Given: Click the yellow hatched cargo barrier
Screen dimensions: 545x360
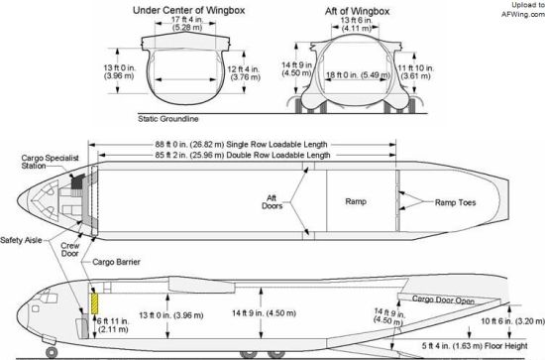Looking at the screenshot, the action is point(94,303).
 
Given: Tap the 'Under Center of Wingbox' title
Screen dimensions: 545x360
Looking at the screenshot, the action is point(188,10).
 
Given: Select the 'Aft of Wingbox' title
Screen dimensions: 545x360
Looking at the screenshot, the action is point(357,11).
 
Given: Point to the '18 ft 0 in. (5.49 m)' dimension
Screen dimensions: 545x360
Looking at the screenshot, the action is point(358,74).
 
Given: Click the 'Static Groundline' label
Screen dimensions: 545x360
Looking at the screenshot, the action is point(168,119).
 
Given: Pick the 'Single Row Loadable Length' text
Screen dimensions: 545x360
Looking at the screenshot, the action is point(276,144).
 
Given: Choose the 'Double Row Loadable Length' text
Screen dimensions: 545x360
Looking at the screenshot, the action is point(278,155).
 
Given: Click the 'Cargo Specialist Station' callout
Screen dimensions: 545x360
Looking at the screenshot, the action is point(51,162).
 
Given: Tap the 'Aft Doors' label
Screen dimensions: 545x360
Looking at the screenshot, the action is point(272,201).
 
